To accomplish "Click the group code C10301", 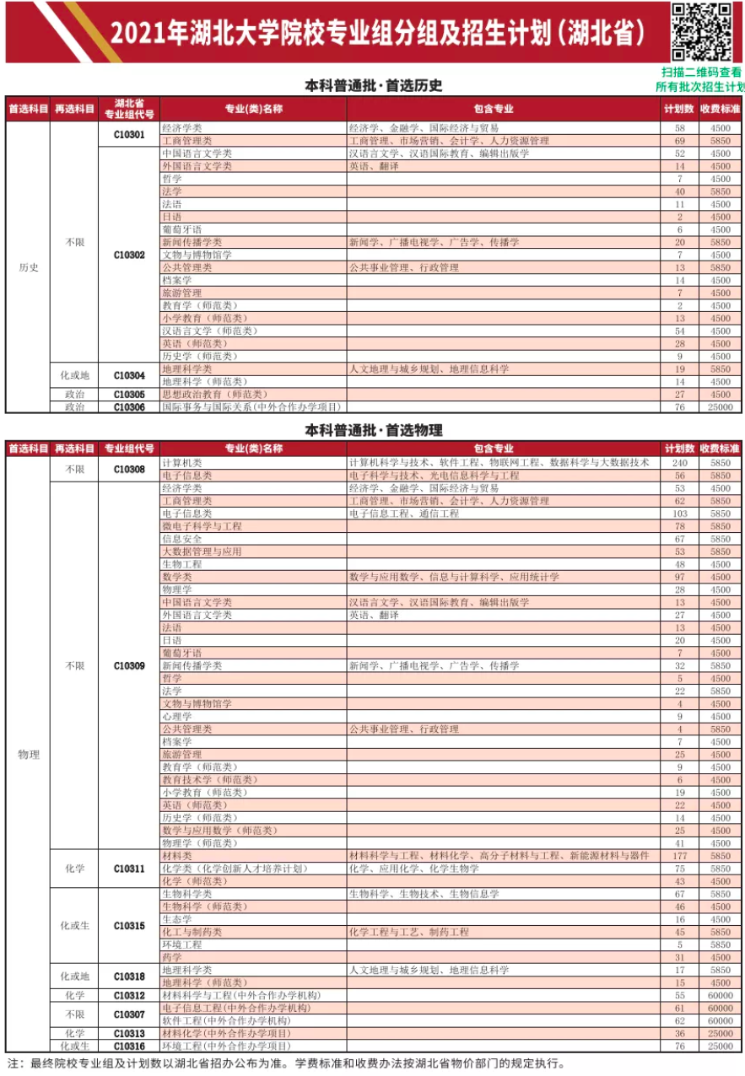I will tap(129, 134).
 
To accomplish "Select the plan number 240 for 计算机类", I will tap(679, 463).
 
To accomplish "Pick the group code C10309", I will tap(129, 665).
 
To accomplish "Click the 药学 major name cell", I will tap(172, 957).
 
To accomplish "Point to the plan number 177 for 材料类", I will tap(679, 856).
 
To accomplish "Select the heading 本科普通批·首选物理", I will tap(373, 430).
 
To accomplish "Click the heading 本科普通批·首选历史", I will tap(373, 85).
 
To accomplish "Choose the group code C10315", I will tap(129, 925).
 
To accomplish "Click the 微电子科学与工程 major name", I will tap(202, 526).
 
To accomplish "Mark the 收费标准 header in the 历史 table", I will tap(720, 109).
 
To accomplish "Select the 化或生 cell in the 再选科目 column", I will tap(74, 925).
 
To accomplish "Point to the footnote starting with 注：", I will tap(287, 1064).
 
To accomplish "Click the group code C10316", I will tap(129, 1046).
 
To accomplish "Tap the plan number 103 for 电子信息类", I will tap(679, 514).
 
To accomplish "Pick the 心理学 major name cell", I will tap(177, 716).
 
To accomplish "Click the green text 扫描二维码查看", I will tap(701, 73).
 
